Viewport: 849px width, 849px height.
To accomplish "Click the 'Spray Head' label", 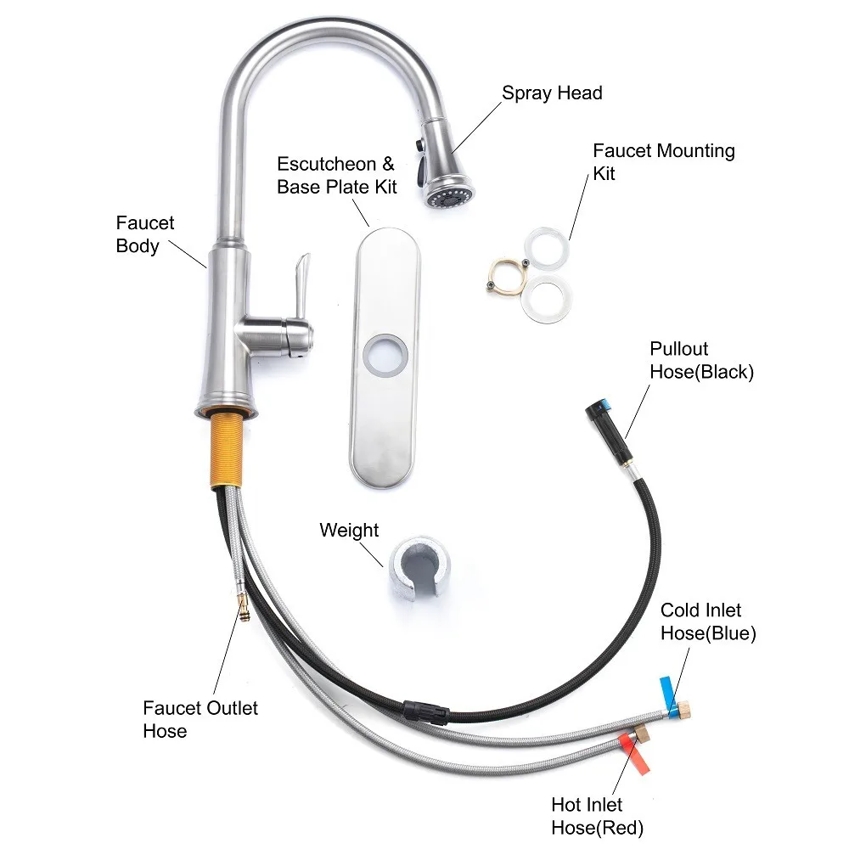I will tap(552, 93).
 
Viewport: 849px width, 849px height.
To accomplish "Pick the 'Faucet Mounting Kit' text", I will tap(663, 161).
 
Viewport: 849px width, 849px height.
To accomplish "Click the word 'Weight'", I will tap(349, 531).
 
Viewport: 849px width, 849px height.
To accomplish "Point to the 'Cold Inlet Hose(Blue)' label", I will tap(708, 621).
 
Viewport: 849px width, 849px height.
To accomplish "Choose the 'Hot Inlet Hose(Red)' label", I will tap(597, 816).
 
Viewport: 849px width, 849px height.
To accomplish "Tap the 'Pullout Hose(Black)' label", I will tap(701, 360).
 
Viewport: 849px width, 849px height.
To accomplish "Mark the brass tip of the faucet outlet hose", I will tap(243, 606).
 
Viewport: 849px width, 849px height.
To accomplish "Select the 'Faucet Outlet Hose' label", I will tap(200, 719).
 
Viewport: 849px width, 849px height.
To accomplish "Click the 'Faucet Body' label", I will tap(144, 234).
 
